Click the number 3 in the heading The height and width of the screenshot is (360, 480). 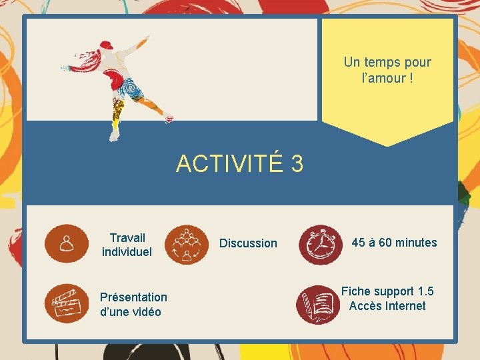click(297, 163)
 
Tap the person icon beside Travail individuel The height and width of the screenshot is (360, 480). click(67, 243)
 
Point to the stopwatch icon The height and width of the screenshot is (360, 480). click(320, 245)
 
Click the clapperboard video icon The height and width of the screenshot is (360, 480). click(67, 304)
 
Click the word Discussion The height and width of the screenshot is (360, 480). click(248, 243)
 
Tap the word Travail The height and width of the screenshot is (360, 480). click(127, 237)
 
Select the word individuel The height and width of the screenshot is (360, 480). click(127, 252)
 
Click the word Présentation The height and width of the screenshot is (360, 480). click(133, 297)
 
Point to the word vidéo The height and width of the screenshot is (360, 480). click(145, 312)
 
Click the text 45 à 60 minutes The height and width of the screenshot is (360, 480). click(394, 243)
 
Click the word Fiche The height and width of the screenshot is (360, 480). click(355, 291)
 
